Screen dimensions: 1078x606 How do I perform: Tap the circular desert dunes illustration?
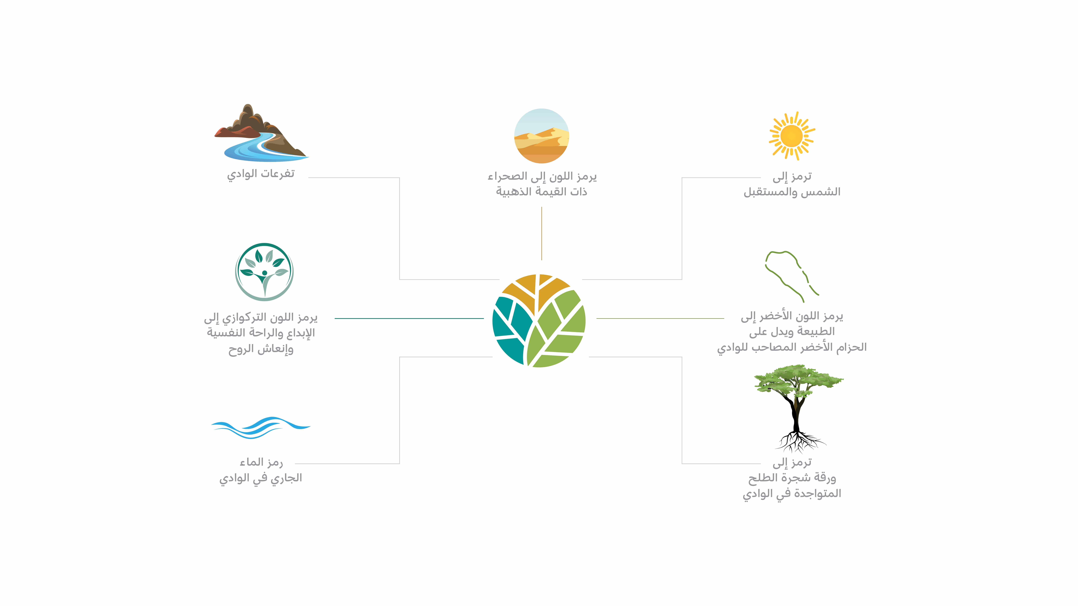542,136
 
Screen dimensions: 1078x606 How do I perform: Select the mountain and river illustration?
261,133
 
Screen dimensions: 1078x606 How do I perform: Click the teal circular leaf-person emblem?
264,272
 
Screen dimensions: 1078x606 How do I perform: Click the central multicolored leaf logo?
539,320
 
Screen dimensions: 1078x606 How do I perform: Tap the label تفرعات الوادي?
261,174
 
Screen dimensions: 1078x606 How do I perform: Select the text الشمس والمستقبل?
792,192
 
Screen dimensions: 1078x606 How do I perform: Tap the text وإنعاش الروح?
261,349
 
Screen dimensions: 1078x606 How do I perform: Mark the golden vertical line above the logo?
542,233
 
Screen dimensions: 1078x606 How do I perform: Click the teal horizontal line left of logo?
409,318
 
